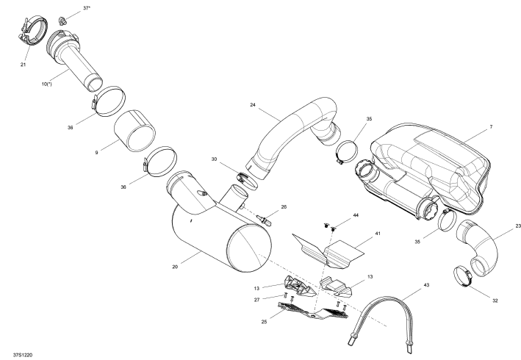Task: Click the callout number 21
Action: coord(23,65)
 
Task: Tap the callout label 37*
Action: coord(87,8)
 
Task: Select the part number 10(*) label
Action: coord(46,84)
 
